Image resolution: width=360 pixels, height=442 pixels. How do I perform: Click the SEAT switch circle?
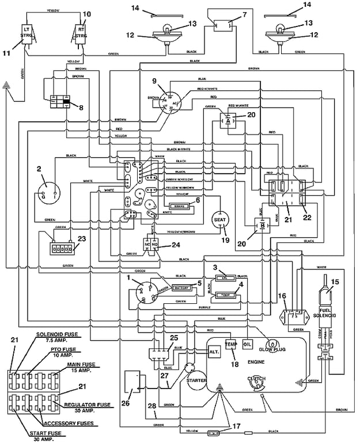219,220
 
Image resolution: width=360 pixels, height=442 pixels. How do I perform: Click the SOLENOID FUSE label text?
56,334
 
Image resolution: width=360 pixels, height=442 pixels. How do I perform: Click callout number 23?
81,238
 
